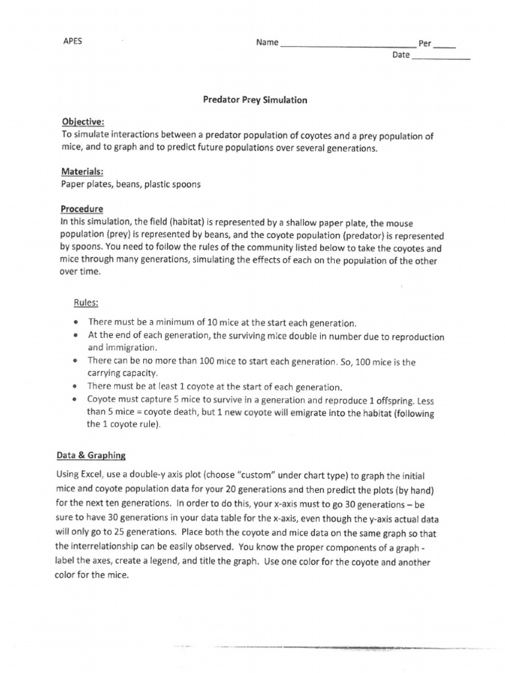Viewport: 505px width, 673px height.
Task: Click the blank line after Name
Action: click(347, 46)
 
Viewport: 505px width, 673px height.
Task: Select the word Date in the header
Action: click(400, 55)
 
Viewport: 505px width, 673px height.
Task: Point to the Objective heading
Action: click(83, 123)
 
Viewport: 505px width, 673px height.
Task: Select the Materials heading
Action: click(82, 172)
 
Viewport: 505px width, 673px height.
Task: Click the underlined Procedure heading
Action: click(82, 208)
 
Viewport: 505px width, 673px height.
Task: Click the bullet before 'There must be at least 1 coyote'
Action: click(77, 386)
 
